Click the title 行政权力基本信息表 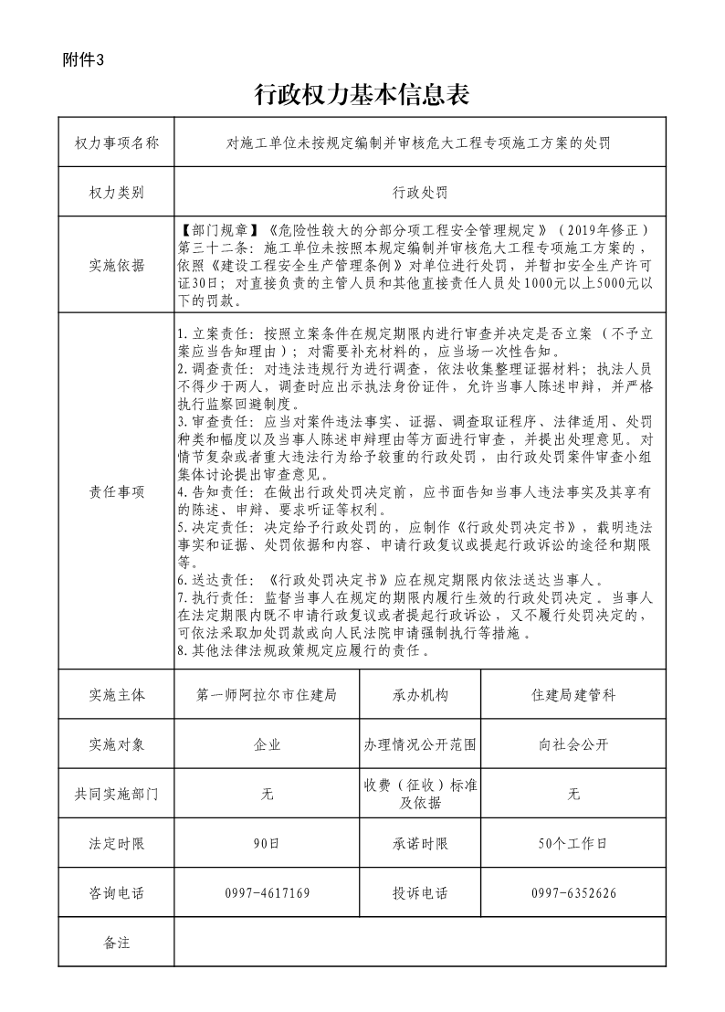tap(362, 93)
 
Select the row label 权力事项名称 tap(116, 143)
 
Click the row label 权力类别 tap(116, 194)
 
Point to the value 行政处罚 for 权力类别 tap(420, 194)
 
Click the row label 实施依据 tap(116, 266)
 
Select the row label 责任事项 tap(116, 491)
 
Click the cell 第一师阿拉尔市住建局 tap(267, 695)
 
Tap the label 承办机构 tap(420, 695)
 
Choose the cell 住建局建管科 tap(573, 695)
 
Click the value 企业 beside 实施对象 tap(267, 744)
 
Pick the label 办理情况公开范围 tap(420, 744)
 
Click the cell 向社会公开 tap(573, 744)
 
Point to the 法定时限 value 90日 tap(267, 843)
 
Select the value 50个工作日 tap(573, 843)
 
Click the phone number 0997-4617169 tap(267, 892)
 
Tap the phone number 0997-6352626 tap(573, 892)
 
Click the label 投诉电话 tap(420, 892)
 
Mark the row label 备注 tap(116, 942)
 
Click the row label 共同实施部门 tap(116, 794)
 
